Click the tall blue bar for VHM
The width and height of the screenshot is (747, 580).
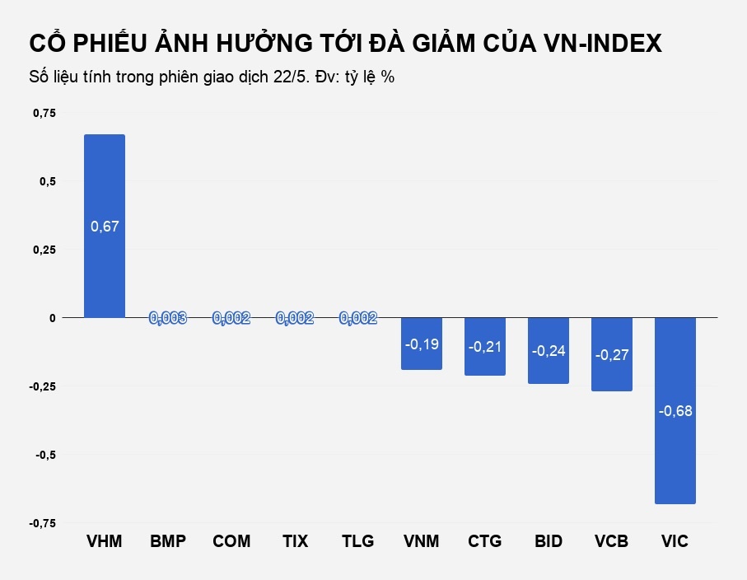tap(105, 181)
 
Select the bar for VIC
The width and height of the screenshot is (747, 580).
tap(675, 461)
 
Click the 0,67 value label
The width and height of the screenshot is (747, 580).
tap(105, 227)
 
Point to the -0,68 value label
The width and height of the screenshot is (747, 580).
tap(675, 410)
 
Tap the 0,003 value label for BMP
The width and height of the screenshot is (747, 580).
tap(168, 318)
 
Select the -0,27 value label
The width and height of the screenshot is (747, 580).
tap(612, 355)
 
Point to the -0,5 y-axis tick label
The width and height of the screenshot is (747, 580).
tap(45, 455)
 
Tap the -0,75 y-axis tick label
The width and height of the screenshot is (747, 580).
tap(43, 523)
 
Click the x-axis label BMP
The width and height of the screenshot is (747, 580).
tap(168, 541)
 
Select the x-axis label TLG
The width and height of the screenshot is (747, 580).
tap(358, 541)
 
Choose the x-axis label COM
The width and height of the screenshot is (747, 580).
tap(231, 541)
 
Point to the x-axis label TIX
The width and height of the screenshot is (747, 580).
tap(295, 541)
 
